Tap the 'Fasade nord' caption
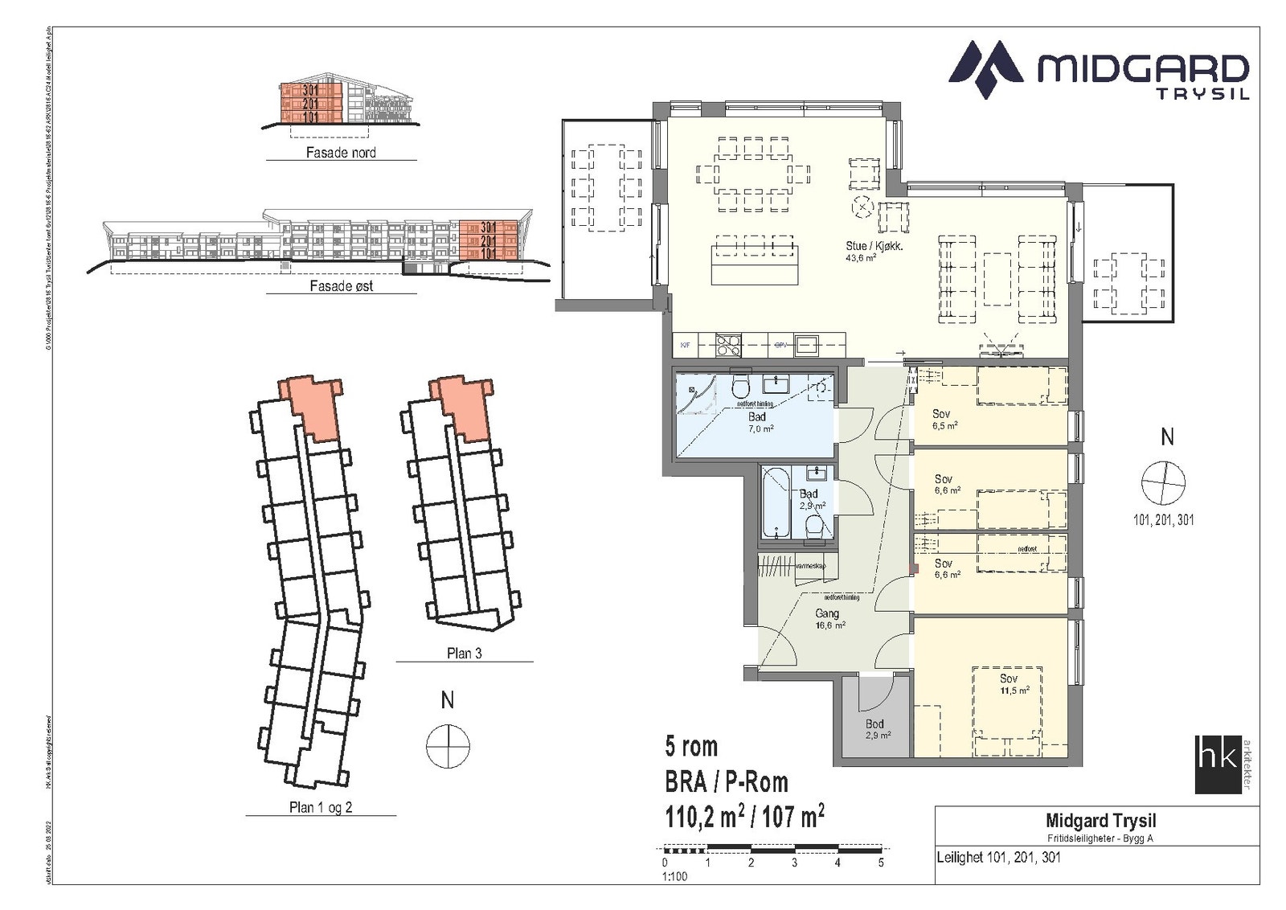click(341, 152)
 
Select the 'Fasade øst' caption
click(341, 285)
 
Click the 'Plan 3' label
click(464, 654)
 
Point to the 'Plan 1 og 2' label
click(321, 807)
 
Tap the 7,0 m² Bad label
click(756, 422)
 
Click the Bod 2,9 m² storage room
click(875, 728)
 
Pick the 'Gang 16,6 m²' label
click(826, 618)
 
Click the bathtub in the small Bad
click(777, 502)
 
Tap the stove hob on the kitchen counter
click(728, 345)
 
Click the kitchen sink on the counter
click(806, 345)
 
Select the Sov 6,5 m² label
click(943, 419)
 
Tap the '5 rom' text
click(691, 747)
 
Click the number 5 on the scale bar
click(881, 863)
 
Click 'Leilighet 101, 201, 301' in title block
click(998, 857)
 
